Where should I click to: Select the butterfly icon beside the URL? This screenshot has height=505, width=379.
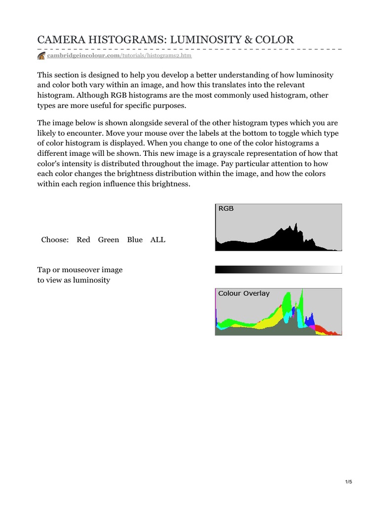[41, 56]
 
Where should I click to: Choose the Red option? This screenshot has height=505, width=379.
[83, 240]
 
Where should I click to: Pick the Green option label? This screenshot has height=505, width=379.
[109, 240]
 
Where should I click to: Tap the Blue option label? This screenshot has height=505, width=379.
[135, 240]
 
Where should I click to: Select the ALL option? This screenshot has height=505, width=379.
[158, 240]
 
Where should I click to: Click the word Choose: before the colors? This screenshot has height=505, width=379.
[55, 240]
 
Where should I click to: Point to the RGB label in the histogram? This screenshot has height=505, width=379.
[226, 209]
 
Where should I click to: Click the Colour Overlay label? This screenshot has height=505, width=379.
[244, 293]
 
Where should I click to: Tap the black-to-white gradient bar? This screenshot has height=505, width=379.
[278, 269]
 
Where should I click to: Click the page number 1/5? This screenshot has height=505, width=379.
[348, 482]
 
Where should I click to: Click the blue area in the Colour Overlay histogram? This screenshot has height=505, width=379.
[309, 322]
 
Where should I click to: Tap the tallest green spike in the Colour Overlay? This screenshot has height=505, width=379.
[302, 296]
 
